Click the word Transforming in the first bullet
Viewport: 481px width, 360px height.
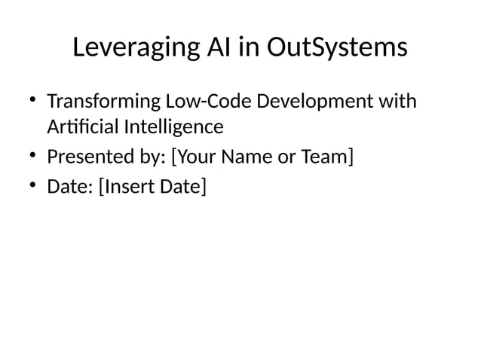point(100,101)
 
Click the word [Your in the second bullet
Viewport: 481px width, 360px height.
point(197,157)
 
